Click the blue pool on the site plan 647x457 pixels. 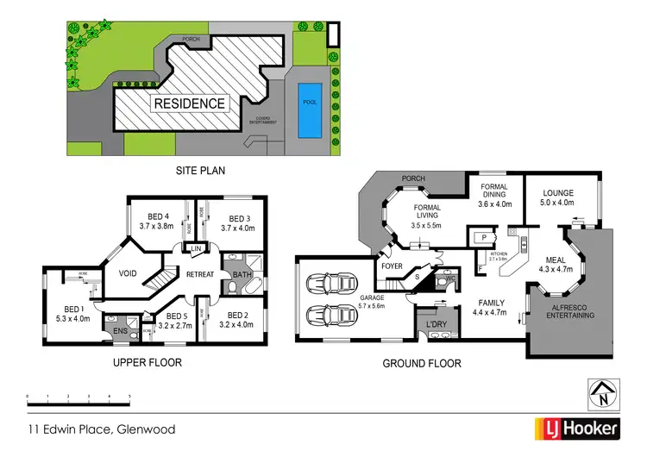[309, 110]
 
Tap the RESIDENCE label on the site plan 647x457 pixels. [190, 104]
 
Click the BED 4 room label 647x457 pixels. [157, 216]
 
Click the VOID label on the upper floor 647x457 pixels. [116, 274]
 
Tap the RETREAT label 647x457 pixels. [188, 275]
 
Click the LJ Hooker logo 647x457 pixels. [579, 427]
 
